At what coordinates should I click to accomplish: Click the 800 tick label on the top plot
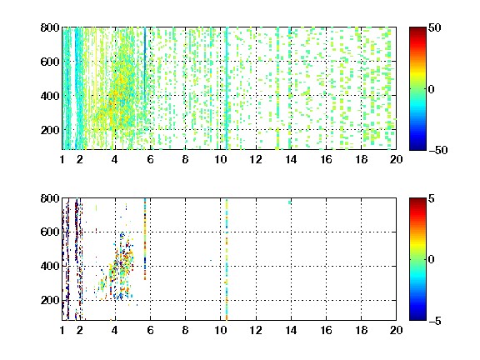[50, 27]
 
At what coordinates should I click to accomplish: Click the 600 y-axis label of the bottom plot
[50, 232]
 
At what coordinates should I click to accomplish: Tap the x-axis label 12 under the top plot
[256, 159]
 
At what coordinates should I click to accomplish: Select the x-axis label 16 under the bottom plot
[326, 330]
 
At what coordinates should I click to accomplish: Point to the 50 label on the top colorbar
[434, 27]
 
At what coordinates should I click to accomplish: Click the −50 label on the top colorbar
[438, 150]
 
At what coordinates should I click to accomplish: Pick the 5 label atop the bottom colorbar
[432, 198]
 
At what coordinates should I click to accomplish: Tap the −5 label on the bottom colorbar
[435, 321]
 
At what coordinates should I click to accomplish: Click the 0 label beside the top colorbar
[432, 89]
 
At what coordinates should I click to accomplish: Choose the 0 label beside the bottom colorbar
[432, 260]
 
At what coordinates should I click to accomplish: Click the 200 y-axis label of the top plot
[50, 130]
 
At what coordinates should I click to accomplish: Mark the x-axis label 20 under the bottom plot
[396, 330]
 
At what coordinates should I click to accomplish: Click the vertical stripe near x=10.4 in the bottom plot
[227, 260]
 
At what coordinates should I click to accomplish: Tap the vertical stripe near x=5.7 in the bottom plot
[145, 239]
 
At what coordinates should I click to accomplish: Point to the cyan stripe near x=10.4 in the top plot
[227, 88]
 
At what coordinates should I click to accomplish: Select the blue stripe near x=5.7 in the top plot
[145, 66]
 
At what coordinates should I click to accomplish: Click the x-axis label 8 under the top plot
[185, 159]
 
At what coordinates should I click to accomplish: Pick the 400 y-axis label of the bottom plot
[50, 266]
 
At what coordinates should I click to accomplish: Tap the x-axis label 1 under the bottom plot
[62, 330]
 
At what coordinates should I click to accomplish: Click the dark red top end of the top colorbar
[417, 29]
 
